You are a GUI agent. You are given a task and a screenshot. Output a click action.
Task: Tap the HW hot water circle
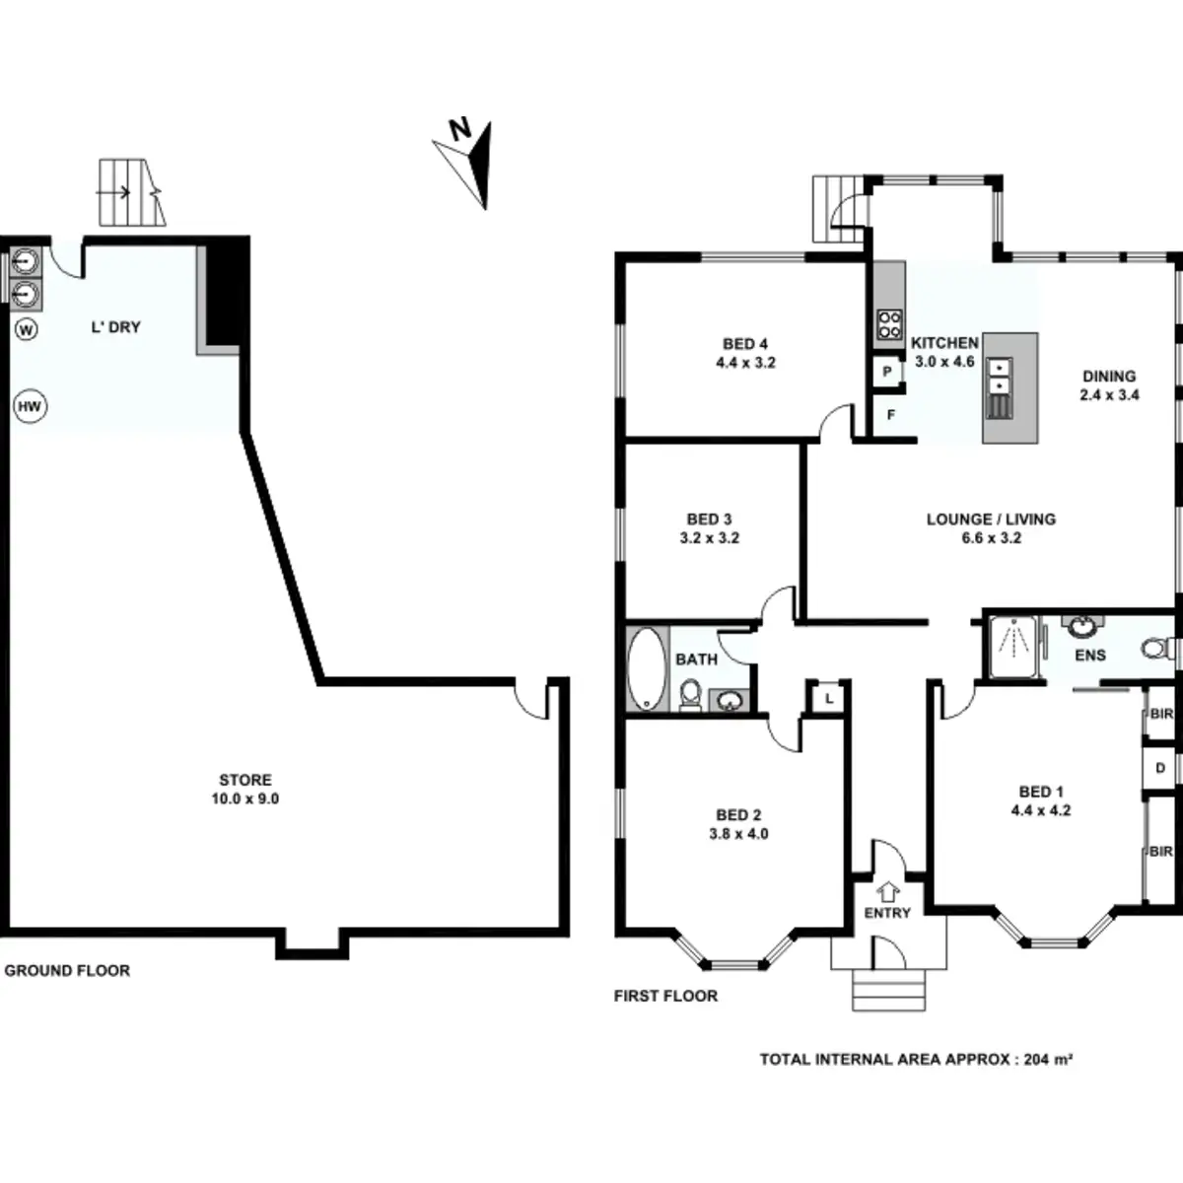(x=32, y=406)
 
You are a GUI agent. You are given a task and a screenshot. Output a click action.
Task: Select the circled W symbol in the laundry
(x=27, y=329)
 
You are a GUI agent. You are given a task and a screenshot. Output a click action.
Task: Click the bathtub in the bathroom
(x=647, y=669)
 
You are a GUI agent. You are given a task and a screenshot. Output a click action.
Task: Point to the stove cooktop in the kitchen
(x=889, y=324)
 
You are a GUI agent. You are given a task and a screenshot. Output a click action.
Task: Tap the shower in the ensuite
(x=1011, y=646)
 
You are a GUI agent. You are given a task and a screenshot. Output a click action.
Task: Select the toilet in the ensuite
(x=1156, y=649)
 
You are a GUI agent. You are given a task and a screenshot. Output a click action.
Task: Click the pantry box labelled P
(x=887, y=373)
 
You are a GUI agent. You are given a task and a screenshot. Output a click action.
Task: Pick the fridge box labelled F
(x=890, y=415)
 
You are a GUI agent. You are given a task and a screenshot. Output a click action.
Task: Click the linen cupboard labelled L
(x=829, y=698)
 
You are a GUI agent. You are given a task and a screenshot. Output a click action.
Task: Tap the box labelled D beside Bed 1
(x=1160, y=768)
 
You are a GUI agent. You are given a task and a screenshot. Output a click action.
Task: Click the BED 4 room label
(x=745, y=344)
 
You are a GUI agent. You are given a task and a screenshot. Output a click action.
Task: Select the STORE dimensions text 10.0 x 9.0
(x=244, y=799)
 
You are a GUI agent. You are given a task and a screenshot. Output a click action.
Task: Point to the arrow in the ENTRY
(x=887, y=890)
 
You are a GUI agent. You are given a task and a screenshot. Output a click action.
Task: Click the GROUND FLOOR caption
(x=67, y=971)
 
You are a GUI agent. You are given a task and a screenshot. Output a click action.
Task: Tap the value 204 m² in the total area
(x=1048, y=1060)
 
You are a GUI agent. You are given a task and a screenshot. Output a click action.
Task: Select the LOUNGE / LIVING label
(x=991, y=520)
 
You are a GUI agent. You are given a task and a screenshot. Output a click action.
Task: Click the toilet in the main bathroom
(x=691, y=694)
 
